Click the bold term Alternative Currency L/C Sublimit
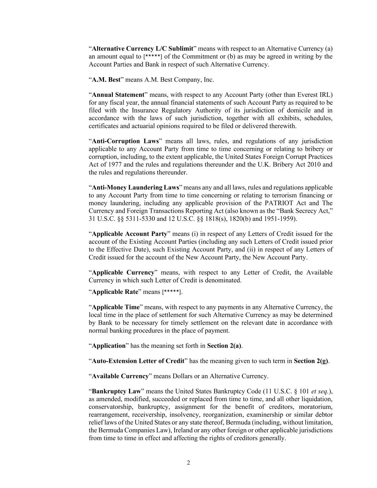pyautogui.click(x=143, y=49)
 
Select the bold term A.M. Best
pyautogui.click(x=106, y=80)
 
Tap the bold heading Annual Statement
pyautogui.click(x=118, y=95)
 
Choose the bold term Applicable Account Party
pyautogui.click(x=129, y=234)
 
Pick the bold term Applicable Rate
pyautogui.click(x=115, y=292)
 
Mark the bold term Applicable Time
pyautogui.click(x=115, y=307)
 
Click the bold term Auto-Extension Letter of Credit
pyautogui.click(x=138, y=361)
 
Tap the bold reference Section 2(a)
pyautogui.click(x=224, y=346)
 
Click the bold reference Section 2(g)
pyautogui.click(x=311, y=361)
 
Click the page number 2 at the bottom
pyautogui.click(x=188, y=463)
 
